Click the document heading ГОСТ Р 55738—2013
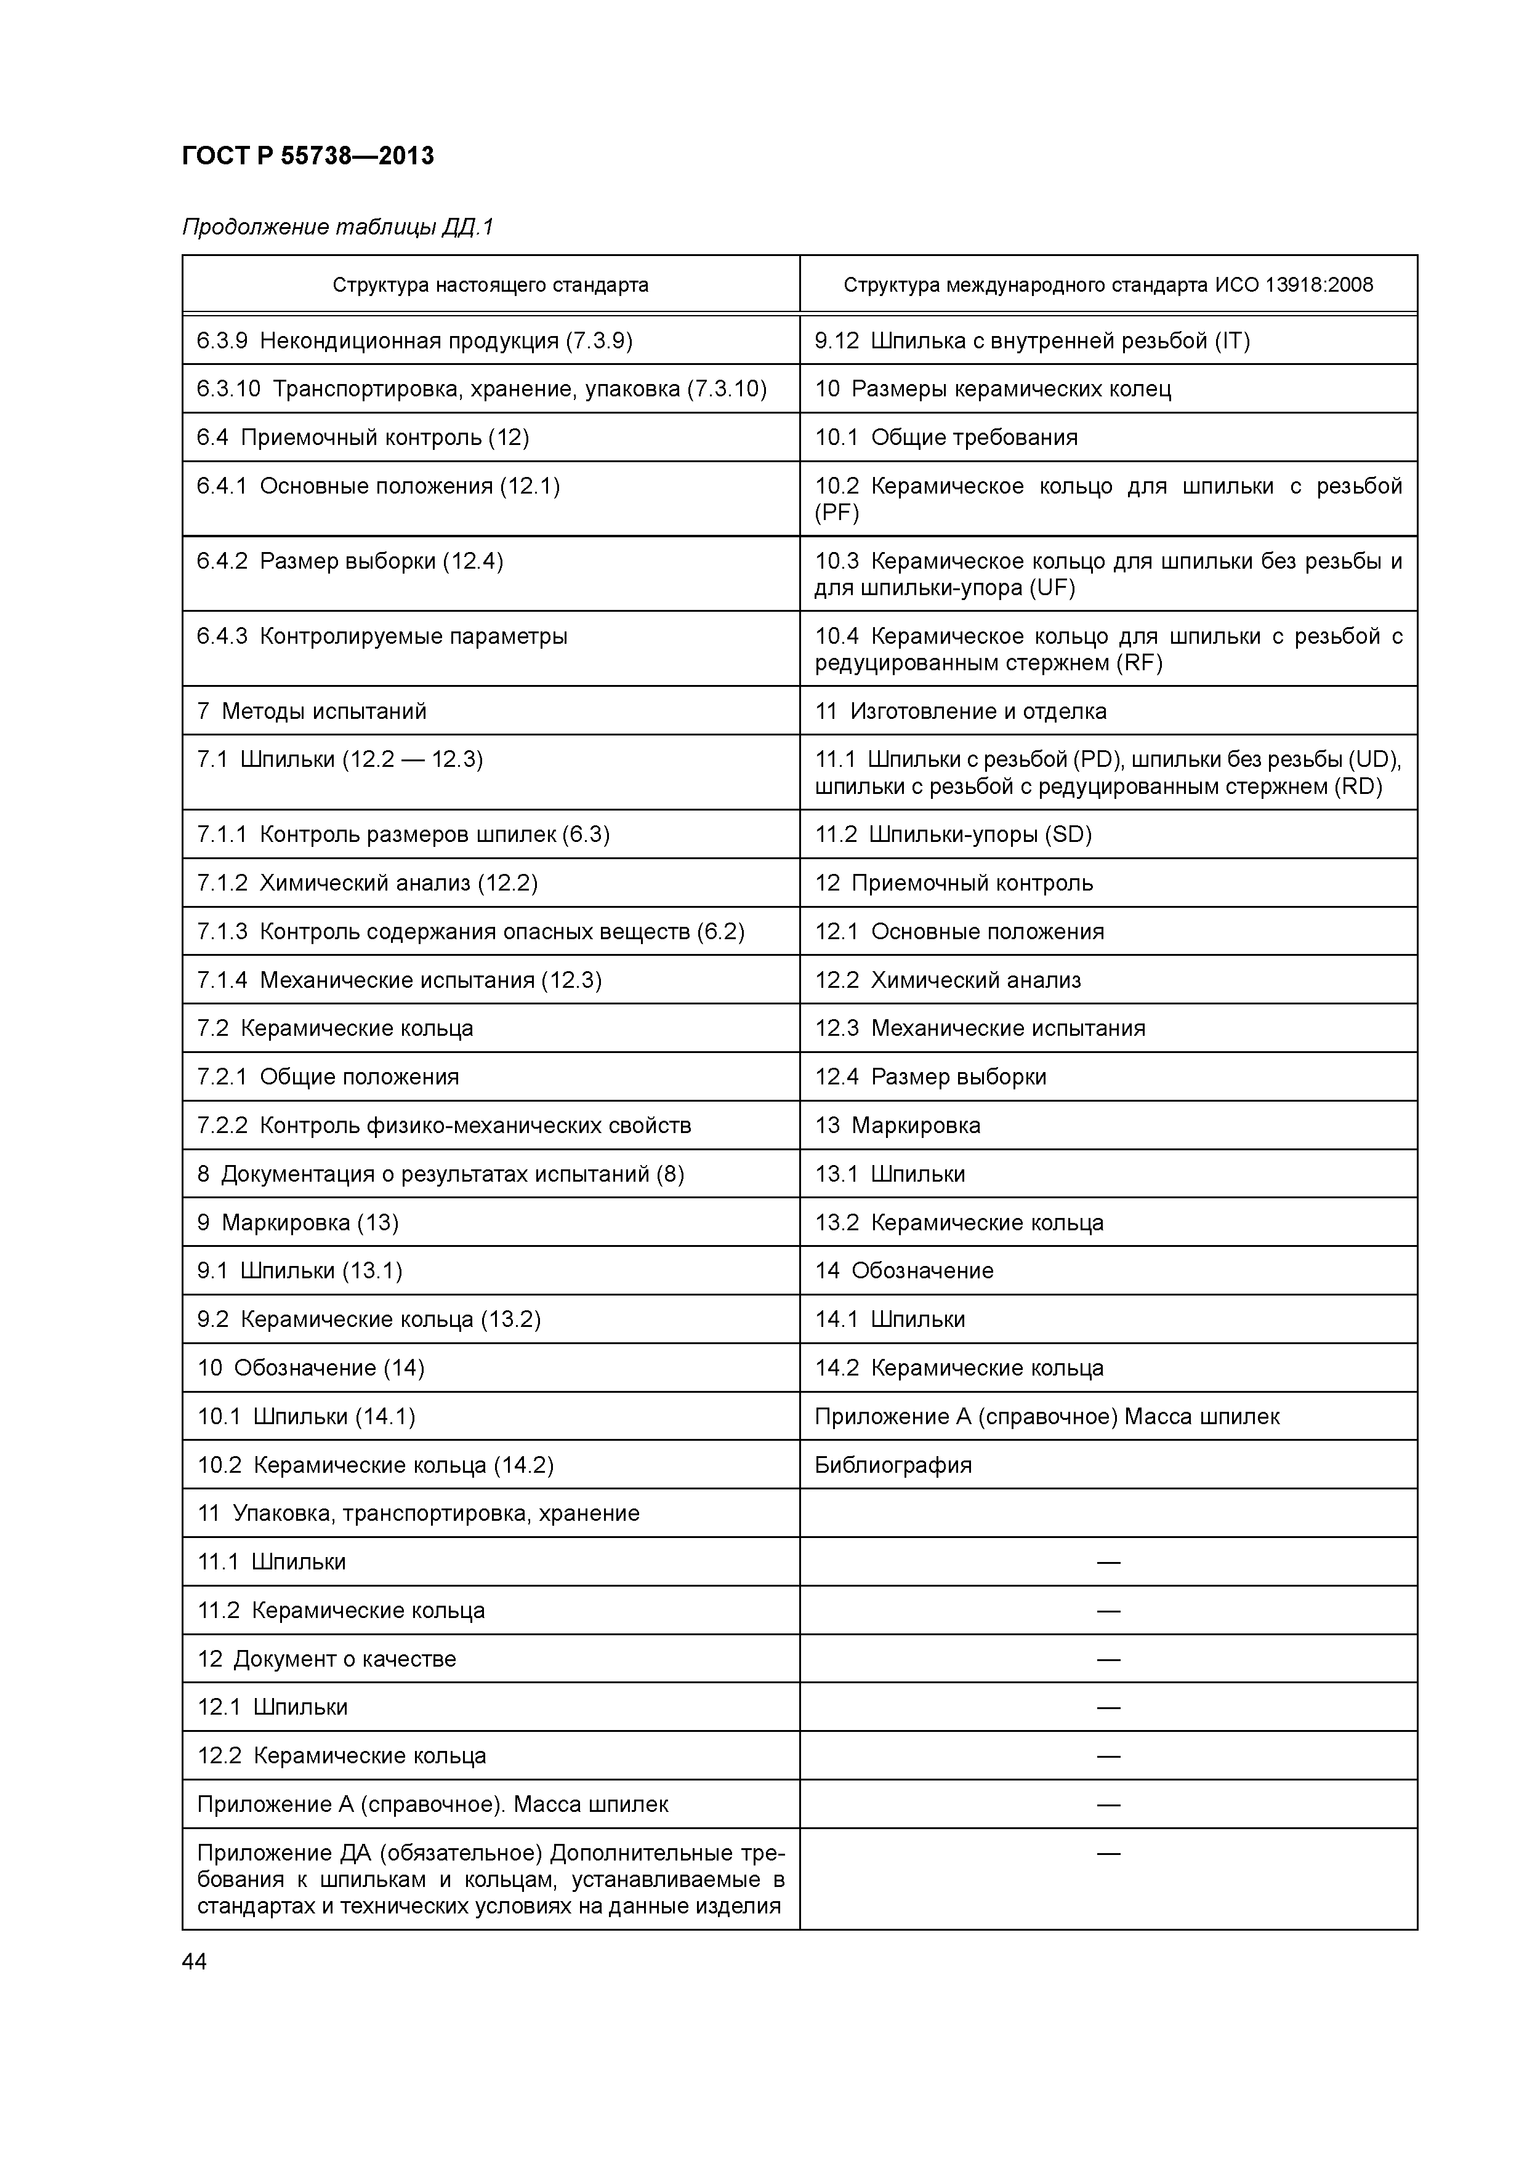pyautogui.click(x=308, y=156)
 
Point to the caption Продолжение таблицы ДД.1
pyautogui.click(x=337, y=228)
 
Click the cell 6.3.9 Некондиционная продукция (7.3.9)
pyautogui.click(x=414, y=340)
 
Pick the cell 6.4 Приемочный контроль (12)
pyautogui.click(x=362, y=437)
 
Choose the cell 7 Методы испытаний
pyautogui.click(x=312, y=711)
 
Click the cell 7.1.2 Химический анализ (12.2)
pyautogui.click(x=367, y=883)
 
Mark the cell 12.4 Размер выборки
pyautogui.click(x=930, y=1076)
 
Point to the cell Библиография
pyautogui.click(x=893, y=1465)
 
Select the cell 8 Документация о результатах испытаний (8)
pyautogui.click(x=440, y=1174)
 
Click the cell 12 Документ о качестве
pyautogui.click(x=326, y=1659)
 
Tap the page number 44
pyautogui.click(x=195, y=1961)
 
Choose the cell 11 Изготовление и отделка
pyautogui.click(x=960, y=711)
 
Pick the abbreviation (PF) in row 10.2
pyautogui.click(x=836, y=513)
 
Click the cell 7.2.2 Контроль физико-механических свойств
pyautogui.click(x=444, y=1126)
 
